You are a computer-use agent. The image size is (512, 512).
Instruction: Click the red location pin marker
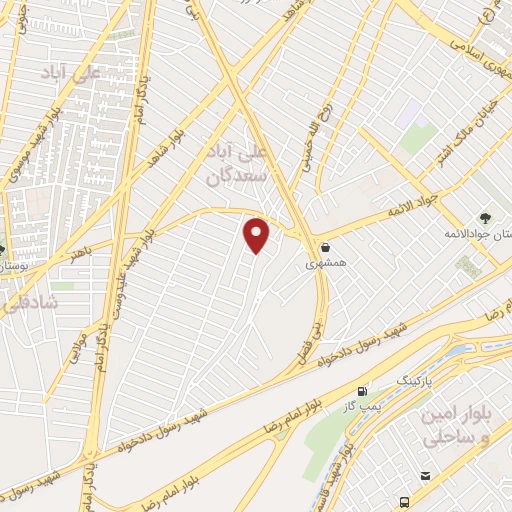[x=257, y=235]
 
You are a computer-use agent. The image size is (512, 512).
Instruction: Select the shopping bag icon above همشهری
[x=325, y=246]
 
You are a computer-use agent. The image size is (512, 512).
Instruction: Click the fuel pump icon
[x=361, y=391]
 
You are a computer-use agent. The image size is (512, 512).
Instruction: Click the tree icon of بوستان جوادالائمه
[x=485, y=216]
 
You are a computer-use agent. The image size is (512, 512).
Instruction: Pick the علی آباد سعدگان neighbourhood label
[x=241, y=165]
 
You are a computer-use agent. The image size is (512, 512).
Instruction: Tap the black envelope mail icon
[x=426, y=475]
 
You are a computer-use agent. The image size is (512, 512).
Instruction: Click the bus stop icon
[x=404, y=500]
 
